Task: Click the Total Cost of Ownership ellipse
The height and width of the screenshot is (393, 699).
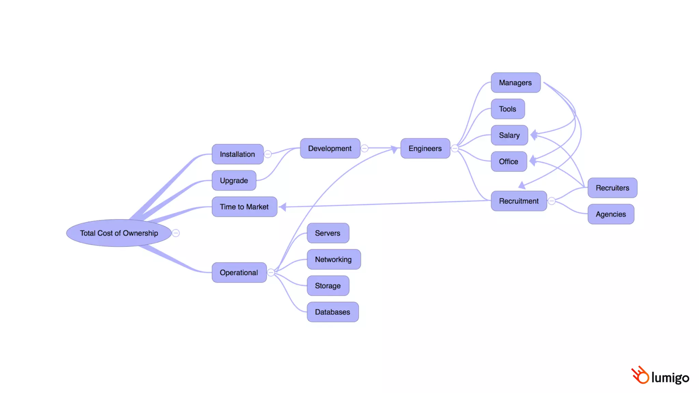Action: click(119, 233)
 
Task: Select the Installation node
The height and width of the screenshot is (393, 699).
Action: click(237, 154)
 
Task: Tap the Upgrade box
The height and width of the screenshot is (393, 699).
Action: click(234, 180)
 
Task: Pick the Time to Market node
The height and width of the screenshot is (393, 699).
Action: click(244, 207)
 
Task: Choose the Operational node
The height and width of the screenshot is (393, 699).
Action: click(239, 273)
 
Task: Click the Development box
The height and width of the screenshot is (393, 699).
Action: click(330, 148)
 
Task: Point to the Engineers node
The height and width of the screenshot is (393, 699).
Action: click(425, 148)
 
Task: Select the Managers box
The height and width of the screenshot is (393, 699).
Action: click(515, 83)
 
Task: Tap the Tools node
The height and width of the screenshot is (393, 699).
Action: click(508, 109)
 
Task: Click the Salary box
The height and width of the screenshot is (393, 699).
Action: click(509, 135)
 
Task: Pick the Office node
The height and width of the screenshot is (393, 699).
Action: click(509, 161)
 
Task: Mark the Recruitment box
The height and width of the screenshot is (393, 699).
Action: click(518, 201)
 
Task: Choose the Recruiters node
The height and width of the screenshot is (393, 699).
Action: click(612, 188)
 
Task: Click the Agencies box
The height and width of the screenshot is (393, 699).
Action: click(611, 214)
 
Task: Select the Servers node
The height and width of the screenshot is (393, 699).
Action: click(328, 233)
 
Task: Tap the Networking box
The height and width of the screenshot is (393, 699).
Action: click(333, 259)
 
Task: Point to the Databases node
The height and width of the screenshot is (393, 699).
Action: click(332, 312)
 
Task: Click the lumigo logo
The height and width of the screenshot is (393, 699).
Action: click(660, 376)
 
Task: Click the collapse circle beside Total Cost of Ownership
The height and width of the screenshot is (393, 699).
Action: click(176, 233)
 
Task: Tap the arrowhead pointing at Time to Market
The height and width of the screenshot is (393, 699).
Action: click(283, 206)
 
